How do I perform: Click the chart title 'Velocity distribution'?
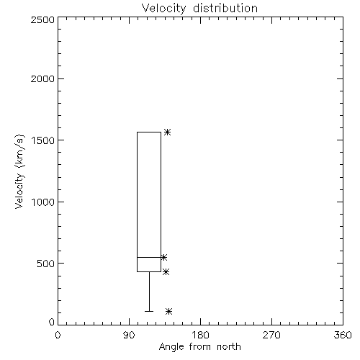coord(199,8)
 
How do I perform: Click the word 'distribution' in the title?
coord(225,8)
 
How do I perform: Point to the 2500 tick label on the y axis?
coord(42,19)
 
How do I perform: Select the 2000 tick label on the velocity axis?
coord(42,79)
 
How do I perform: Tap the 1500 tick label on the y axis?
coord(43,140)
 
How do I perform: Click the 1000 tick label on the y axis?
coord(43,202)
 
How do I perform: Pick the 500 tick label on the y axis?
coord(46,264)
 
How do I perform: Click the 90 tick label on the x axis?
coord(129,335)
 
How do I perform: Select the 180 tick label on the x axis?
coord(200,335)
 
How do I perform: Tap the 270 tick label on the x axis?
coord(271,335)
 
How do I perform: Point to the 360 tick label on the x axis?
coord(343,335)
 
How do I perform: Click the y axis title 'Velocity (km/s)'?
coord(19,171)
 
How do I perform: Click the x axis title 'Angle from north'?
coord(199,347)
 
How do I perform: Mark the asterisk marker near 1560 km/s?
coord(167,132)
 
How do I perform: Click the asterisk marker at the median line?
coord(163,258)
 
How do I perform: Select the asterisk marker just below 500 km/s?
coord(166,272)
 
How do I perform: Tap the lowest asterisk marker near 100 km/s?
coord(169,311)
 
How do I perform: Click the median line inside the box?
coord(149,257)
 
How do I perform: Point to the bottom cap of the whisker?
coord(149,311)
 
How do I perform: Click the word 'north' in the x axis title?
coord(228,347)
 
